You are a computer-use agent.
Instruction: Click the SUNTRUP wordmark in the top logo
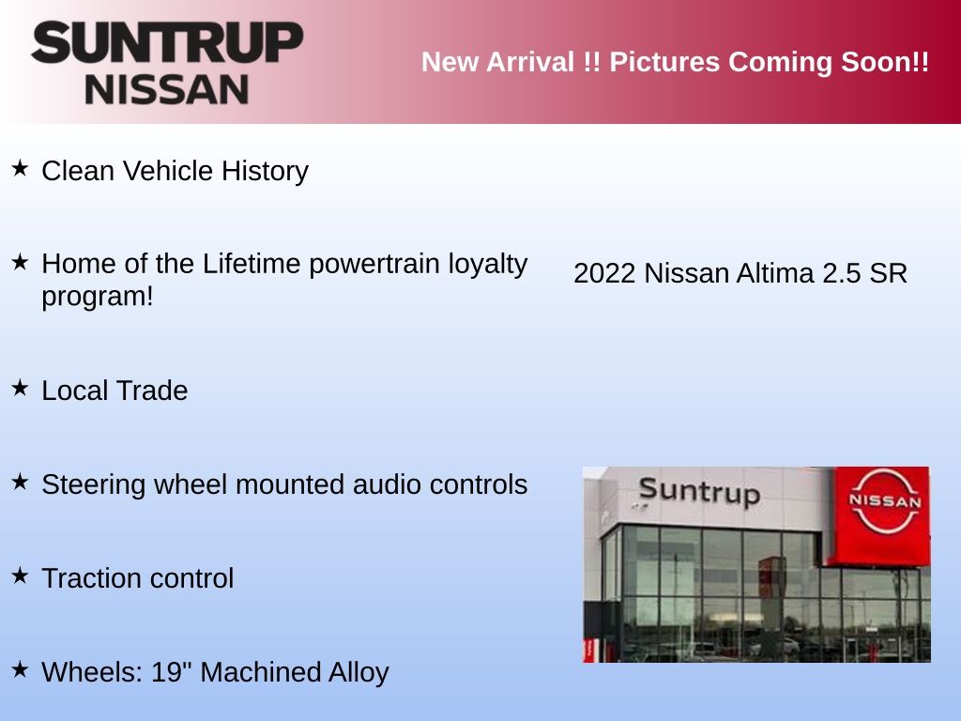click(x=167, y=42)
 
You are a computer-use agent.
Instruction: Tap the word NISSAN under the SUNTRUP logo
click(x=167, y=90)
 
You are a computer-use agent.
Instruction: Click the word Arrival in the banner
click(x=531, y=62)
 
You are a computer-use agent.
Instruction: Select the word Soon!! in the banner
click(x=885, y=62)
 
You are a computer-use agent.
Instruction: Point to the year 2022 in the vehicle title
click(x=604, y=273)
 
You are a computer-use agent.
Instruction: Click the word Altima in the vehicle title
click(x=775, y=273)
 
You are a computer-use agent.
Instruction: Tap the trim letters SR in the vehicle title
click(x=888, y=273)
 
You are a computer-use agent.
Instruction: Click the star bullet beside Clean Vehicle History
click(x=21, y=168)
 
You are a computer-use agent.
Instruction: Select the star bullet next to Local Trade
click(x=21, y=388)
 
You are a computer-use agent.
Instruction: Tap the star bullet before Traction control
click(x=21, y=575)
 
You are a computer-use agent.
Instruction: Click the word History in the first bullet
click(x=265, y=172)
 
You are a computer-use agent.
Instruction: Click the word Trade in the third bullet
click(x=151, y=391)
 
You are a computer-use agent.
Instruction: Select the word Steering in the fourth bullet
click(x=93, y=485)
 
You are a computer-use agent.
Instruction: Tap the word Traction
click(x=91, y=578)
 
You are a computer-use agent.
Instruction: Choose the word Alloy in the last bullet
click(x=358, y=673)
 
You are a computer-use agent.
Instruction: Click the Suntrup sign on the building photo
click(x=699, y=492)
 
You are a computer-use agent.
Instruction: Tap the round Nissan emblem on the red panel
click(x=885, y=501)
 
